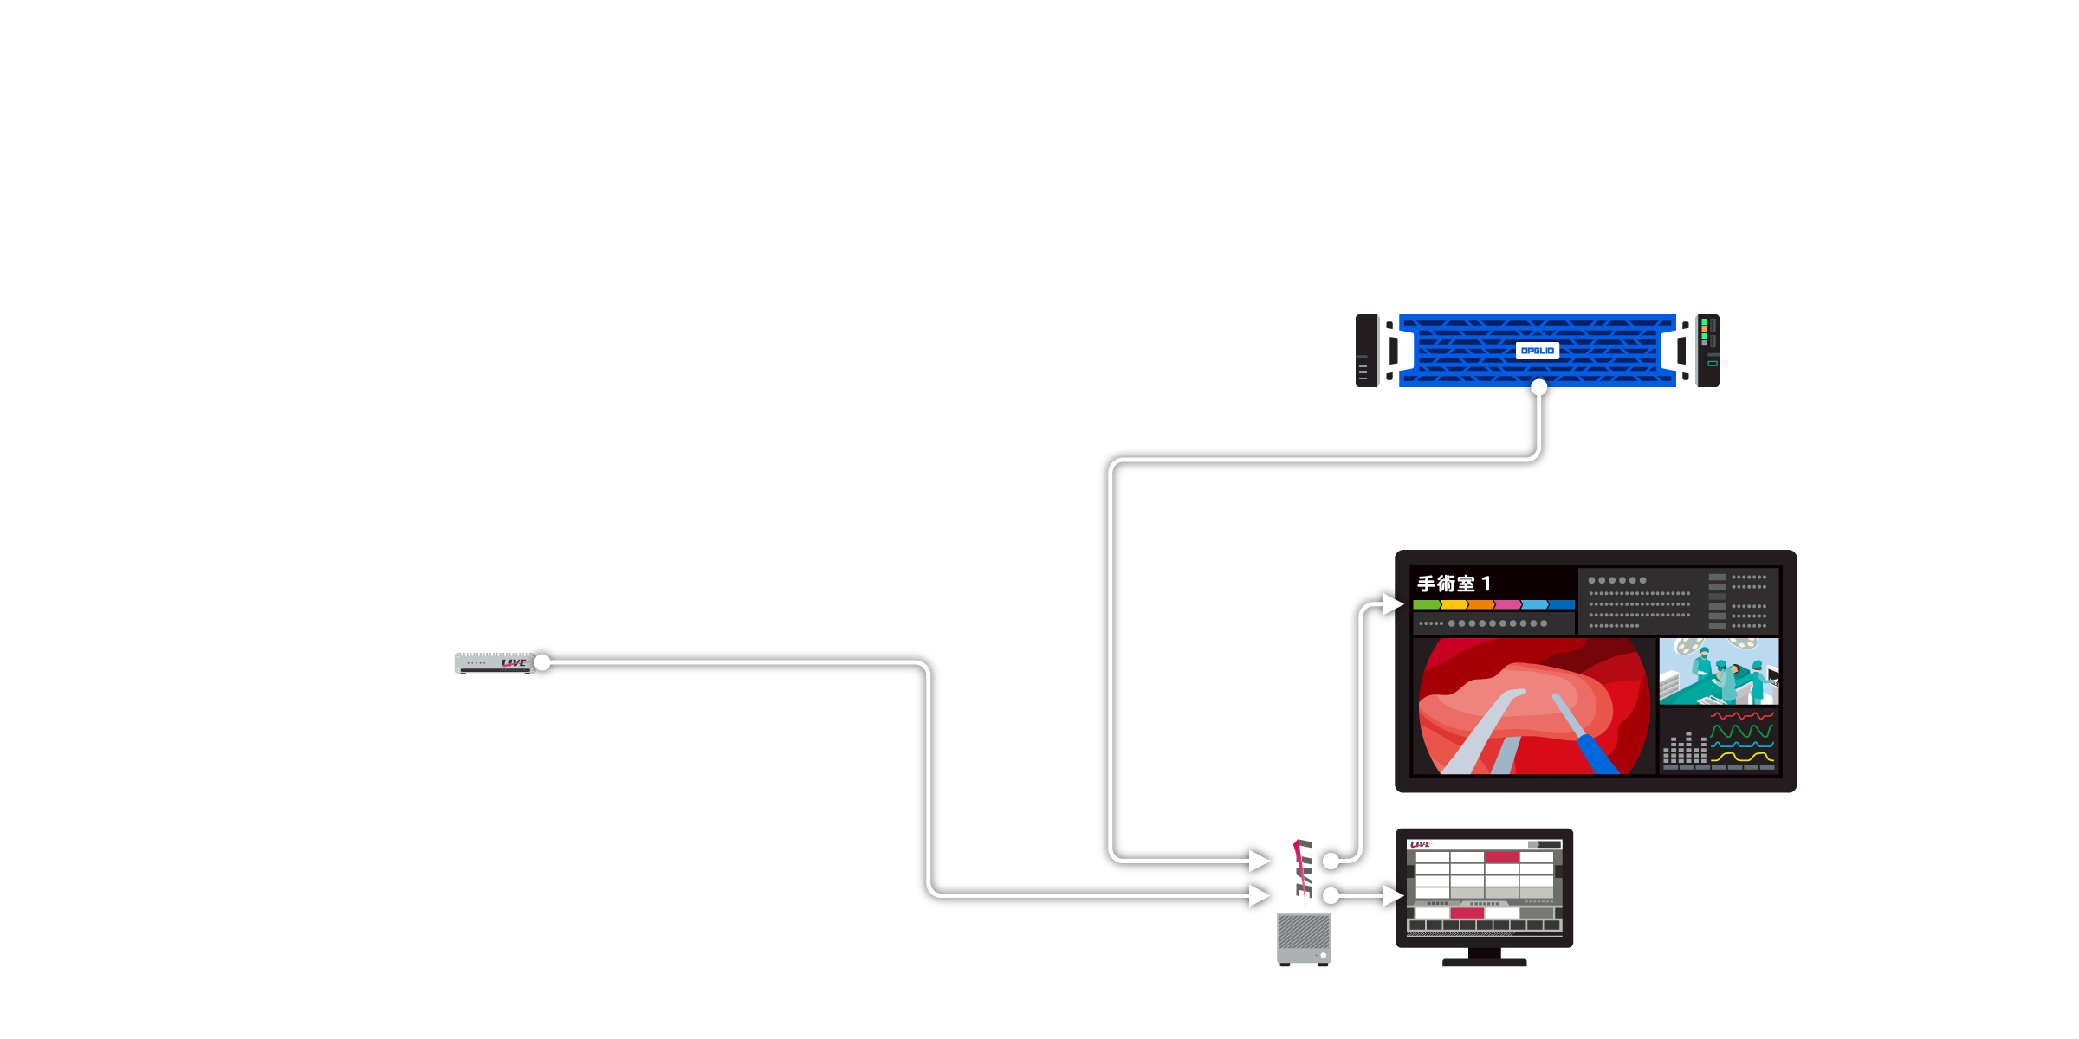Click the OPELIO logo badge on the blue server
point(1538,351)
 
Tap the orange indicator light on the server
point(1705,329)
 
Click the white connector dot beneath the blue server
point(1538,387)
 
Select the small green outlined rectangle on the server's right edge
point(1713,364)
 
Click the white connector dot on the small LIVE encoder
point(542,663)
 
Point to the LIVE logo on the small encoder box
point(514,663)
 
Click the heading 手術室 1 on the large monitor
point(1454,584)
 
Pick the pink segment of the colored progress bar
point(1507,604)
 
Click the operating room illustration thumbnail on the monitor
point(1719,672)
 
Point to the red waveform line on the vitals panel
point(1742,716)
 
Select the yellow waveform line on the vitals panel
point(1742,758)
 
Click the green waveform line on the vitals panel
point(1742,731)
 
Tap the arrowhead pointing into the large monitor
point(1392,603)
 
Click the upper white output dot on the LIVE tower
point(1331,861)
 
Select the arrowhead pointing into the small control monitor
point(1392,895)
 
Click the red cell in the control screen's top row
point(1502,857)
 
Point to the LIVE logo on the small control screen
point(1421,844)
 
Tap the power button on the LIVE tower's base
point(1323,955)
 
